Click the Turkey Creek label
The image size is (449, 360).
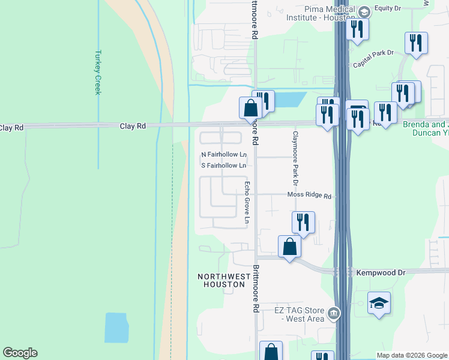click(x=97, y=71)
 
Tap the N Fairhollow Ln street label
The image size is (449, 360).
click(x=224, y=155)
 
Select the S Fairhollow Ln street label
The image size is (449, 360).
click(x=224, y=166)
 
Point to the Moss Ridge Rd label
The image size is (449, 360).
click(x=309, y=196)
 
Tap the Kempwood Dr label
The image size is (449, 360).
click(x=381, y=272)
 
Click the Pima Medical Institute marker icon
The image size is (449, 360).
click(x=364, y=11)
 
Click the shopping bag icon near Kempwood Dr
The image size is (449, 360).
click(x=289, y=246)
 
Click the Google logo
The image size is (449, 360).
click(x=20, y=353)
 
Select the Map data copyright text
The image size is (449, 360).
click(x=412, y=355)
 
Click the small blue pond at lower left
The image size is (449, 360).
click(x=116, y=327)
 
